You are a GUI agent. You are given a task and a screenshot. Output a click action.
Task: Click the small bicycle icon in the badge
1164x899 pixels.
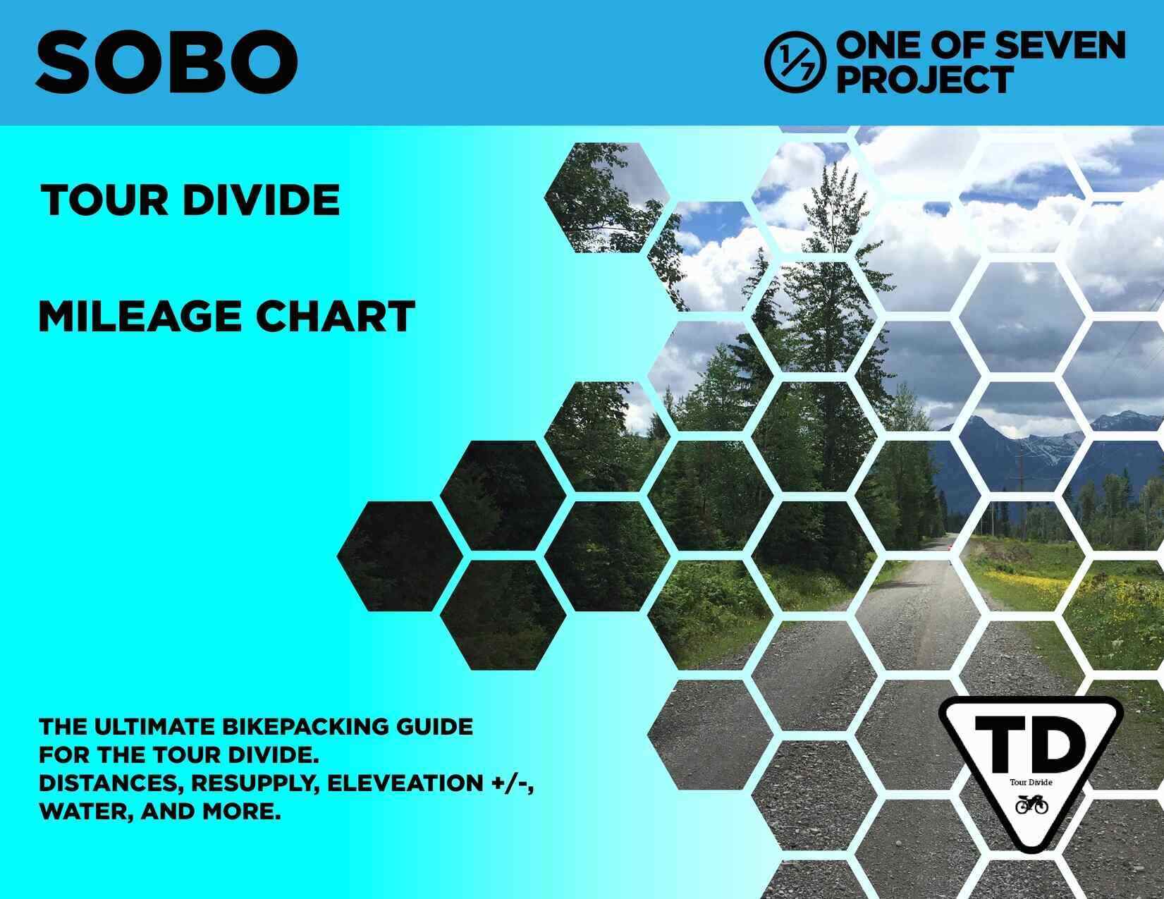point(1031,805)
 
